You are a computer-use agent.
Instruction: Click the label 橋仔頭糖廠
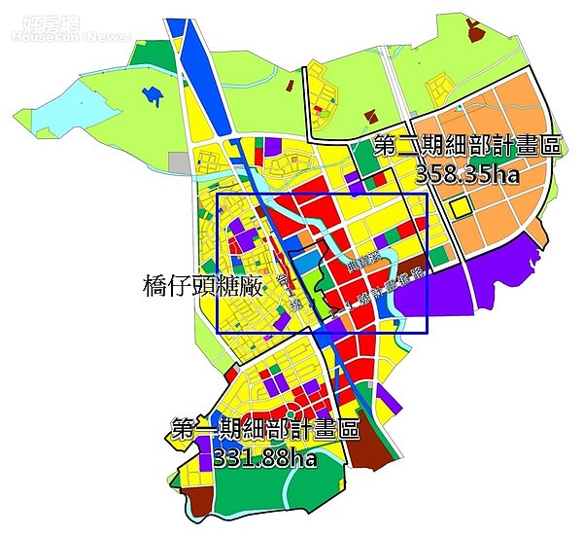[197, 284]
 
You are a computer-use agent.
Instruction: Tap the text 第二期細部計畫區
[467, 148]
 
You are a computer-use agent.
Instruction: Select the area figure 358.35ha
[468, 175]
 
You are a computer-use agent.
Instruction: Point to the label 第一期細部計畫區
[264, 429]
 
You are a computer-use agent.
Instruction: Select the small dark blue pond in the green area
[150, 96]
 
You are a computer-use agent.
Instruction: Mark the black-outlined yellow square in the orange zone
[458, 206]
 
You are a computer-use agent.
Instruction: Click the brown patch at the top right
[477, 30]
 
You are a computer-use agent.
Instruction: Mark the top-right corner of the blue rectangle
[427, 195]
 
